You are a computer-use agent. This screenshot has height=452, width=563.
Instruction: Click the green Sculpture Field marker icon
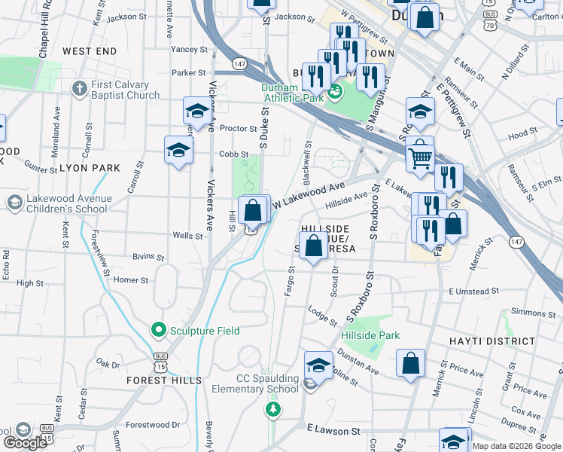click(158, 330)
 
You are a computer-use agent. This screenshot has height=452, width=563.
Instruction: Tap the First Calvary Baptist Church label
click(126, 90)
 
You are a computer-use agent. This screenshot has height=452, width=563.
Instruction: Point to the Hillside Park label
click(370, 335)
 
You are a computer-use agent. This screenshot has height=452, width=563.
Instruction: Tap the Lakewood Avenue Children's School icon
click(14, 203)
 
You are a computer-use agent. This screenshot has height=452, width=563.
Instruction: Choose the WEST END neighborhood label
click(90, 51)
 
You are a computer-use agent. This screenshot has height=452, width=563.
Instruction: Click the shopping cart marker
click(420, 157)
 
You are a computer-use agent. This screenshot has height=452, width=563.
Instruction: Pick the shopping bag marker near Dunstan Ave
click(410, 363)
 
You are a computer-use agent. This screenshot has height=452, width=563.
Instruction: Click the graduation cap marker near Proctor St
click(197, 111)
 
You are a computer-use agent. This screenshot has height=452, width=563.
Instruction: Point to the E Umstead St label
click(473, 292)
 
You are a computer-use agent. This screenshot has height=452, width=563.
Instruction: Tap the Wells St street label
click(188, 236)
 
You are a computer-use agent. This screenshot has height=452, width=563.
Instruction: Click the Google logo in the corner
click(26, 443)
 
